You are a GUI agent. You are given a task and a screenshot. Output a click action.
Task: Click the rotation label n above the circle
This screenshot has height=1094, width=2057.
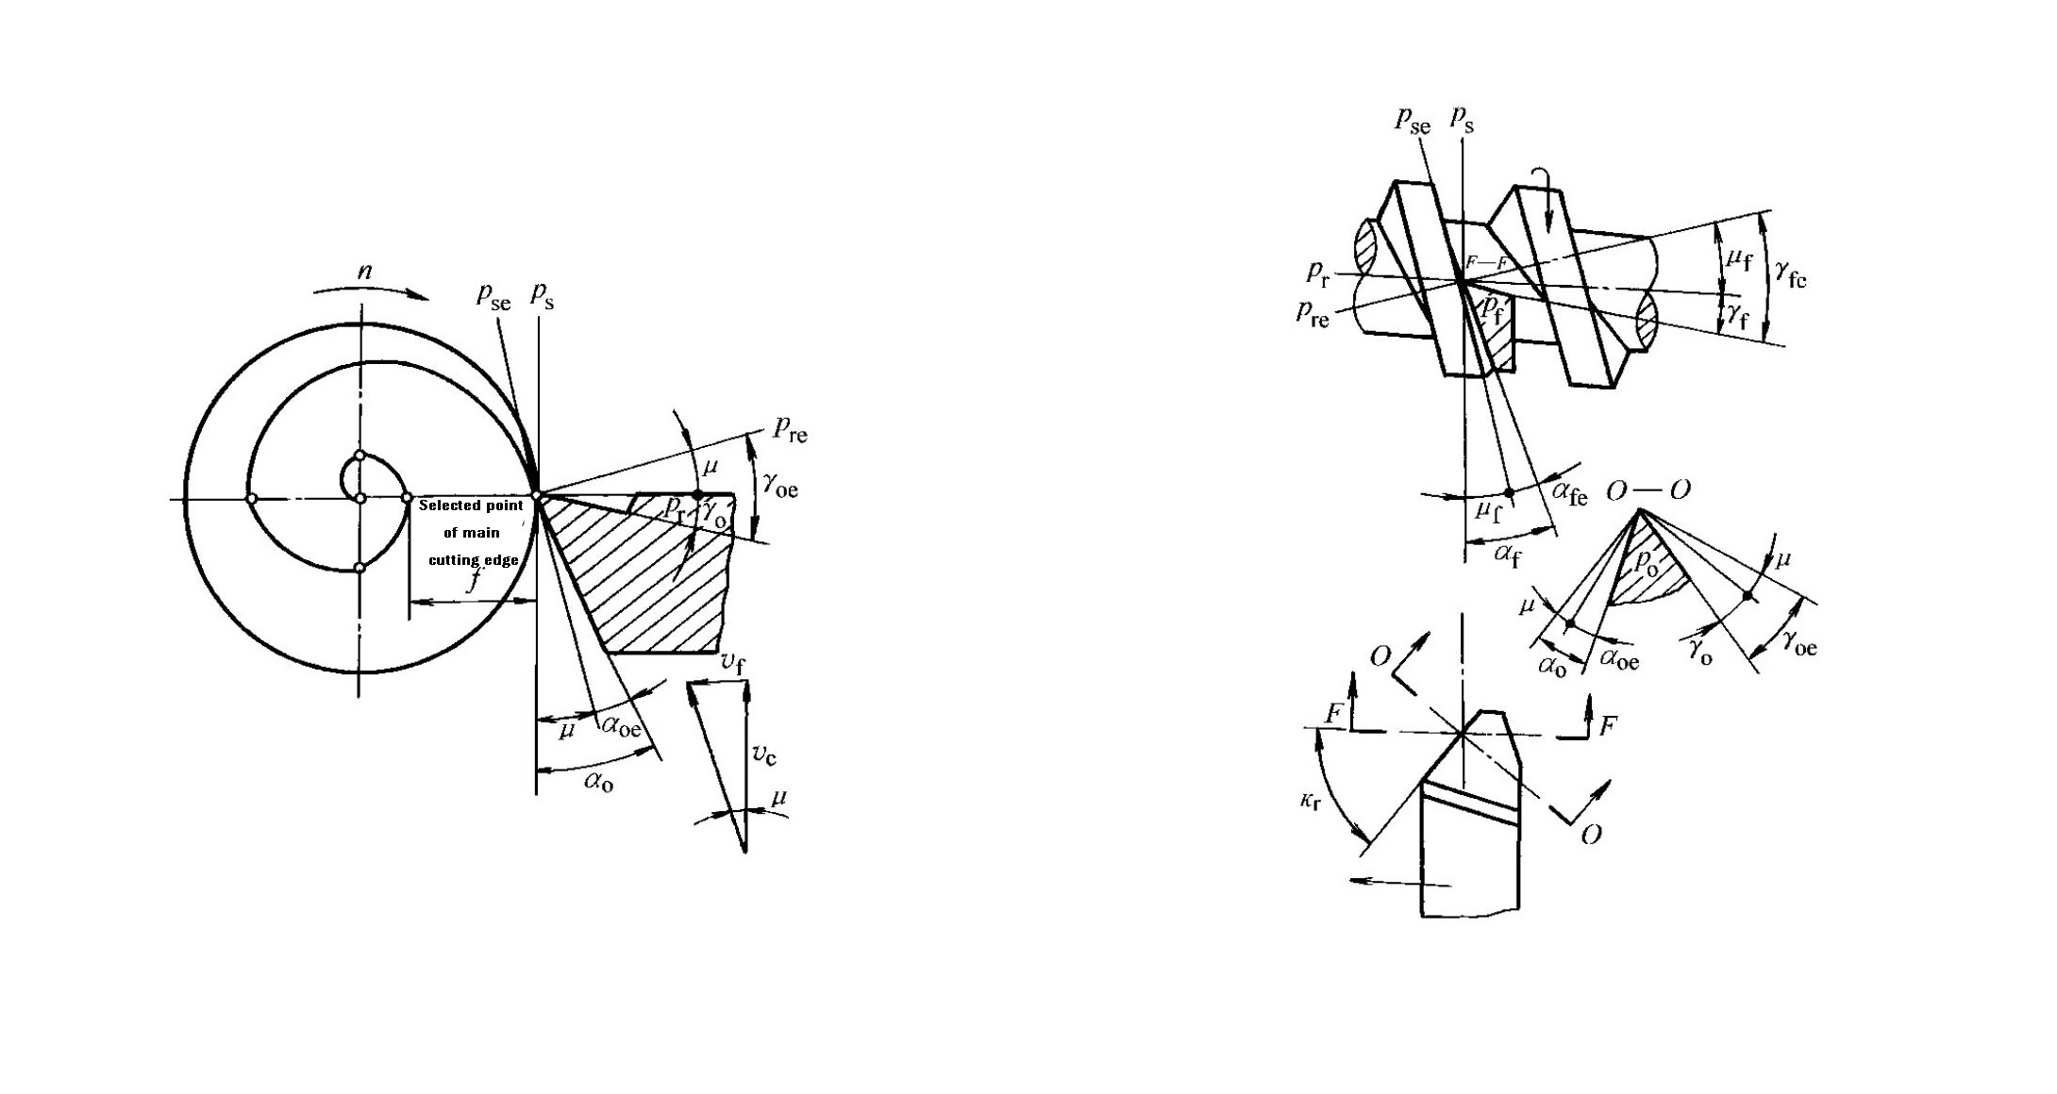[364, 273]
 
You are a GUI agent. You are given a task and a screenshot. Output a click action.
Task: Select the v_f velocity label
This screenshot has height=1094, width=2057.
[732, 664]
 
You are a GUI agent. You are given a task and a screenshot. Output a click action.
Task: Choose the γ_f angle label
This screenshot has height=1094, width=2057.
[1737, 317]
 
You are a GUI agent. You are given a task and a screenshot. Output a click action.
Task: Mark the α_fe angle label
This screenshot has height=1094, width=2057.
[1569, 492]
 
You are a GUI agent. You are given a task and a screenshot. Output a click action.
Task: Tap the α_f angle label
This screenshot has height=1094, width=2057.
[1508, 555]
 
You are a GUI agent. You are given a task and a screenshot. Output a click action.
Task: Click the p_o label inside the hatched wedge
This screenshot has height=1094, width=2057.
[1646, 564]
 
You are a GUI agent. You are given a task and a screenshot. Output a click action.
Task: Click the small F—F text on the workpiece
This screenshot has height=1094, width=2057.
[1486, 262]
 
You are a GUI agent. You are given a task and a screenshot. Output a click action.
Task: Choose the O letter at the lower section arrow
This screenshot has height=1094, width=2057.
[1591, 835]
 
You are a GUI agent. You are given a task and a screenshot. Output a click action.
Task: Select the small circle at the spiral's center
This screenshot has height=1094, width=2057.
[360, 498]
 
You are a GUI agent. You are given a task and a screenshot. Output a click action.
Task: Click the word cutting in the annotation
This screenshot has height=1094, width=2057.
[453, 560]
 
